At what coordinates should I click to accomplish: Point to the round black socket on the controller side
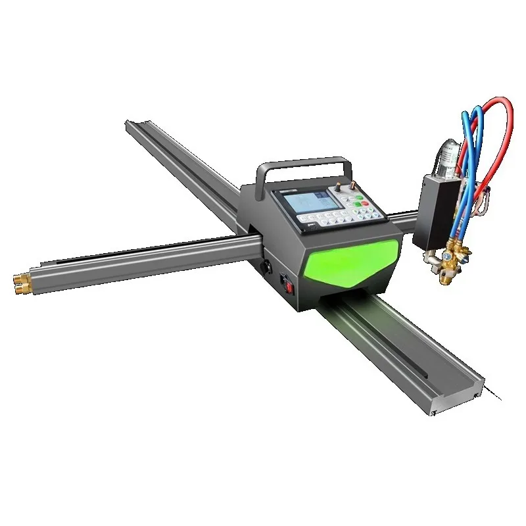pos(267,268)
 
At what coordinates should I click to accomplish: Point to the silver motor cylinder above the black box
pos(449,154)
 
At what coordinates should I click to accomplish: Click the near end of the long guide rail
pos(454,394)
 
